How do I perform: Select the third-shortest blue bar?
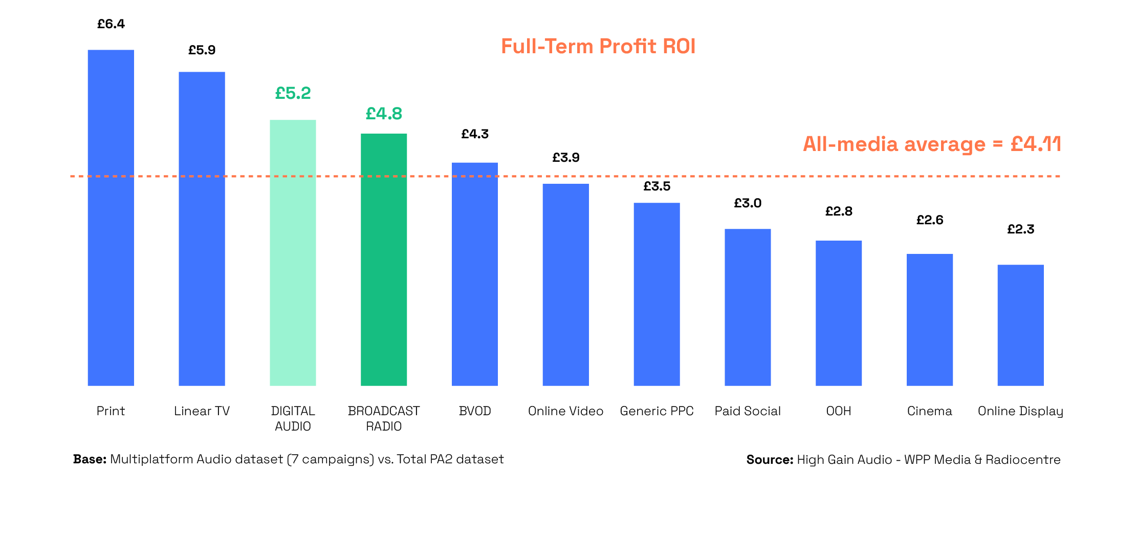point(839,313)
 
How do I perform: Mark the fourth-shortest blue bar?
point(748,307)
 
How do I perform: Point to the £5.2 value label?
point(293,94)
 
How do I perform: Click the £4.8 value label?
point(384,114)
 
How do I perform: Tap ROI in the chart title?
point(679,47)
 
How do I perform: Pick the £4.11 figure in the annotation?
point(1035,144)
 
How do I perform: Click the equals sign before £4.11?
point(998,145)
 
